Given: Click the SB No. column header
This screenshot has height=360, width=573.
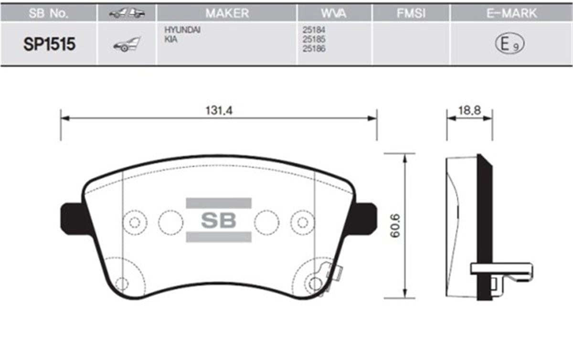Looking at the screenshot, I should [x=48, y=13].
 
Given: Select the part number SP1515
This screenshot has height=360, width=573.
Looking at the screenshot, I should [x=49, y=45].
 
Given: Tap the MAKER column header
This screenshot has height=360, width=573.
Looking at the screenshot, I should [x=227, y=13].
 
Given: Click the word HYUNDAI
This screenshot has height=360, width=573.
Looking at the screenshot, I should [x=182, y=30].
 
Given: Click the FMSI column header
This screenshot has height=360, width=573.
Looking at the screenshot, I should [x=411, y=13].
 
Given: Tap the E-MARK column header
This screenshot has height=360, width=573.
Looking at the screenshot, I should [x=511, y=13].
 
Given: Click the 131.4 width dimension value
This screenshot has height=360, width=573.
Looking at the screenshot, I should [x=219, y=110].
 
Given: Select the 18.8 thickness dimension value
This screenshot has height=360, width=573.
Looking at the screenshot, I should [x=469, y=110].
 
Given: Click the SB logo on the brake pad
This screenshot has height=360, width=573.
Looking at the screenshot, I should [x=218, y=220].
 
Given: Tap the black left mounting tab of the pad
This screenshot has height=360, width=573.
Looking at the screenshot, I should [x=73, y=220].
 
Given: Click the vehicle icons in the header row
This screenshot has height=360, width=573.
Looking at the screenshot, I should [x=127, y=13].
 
